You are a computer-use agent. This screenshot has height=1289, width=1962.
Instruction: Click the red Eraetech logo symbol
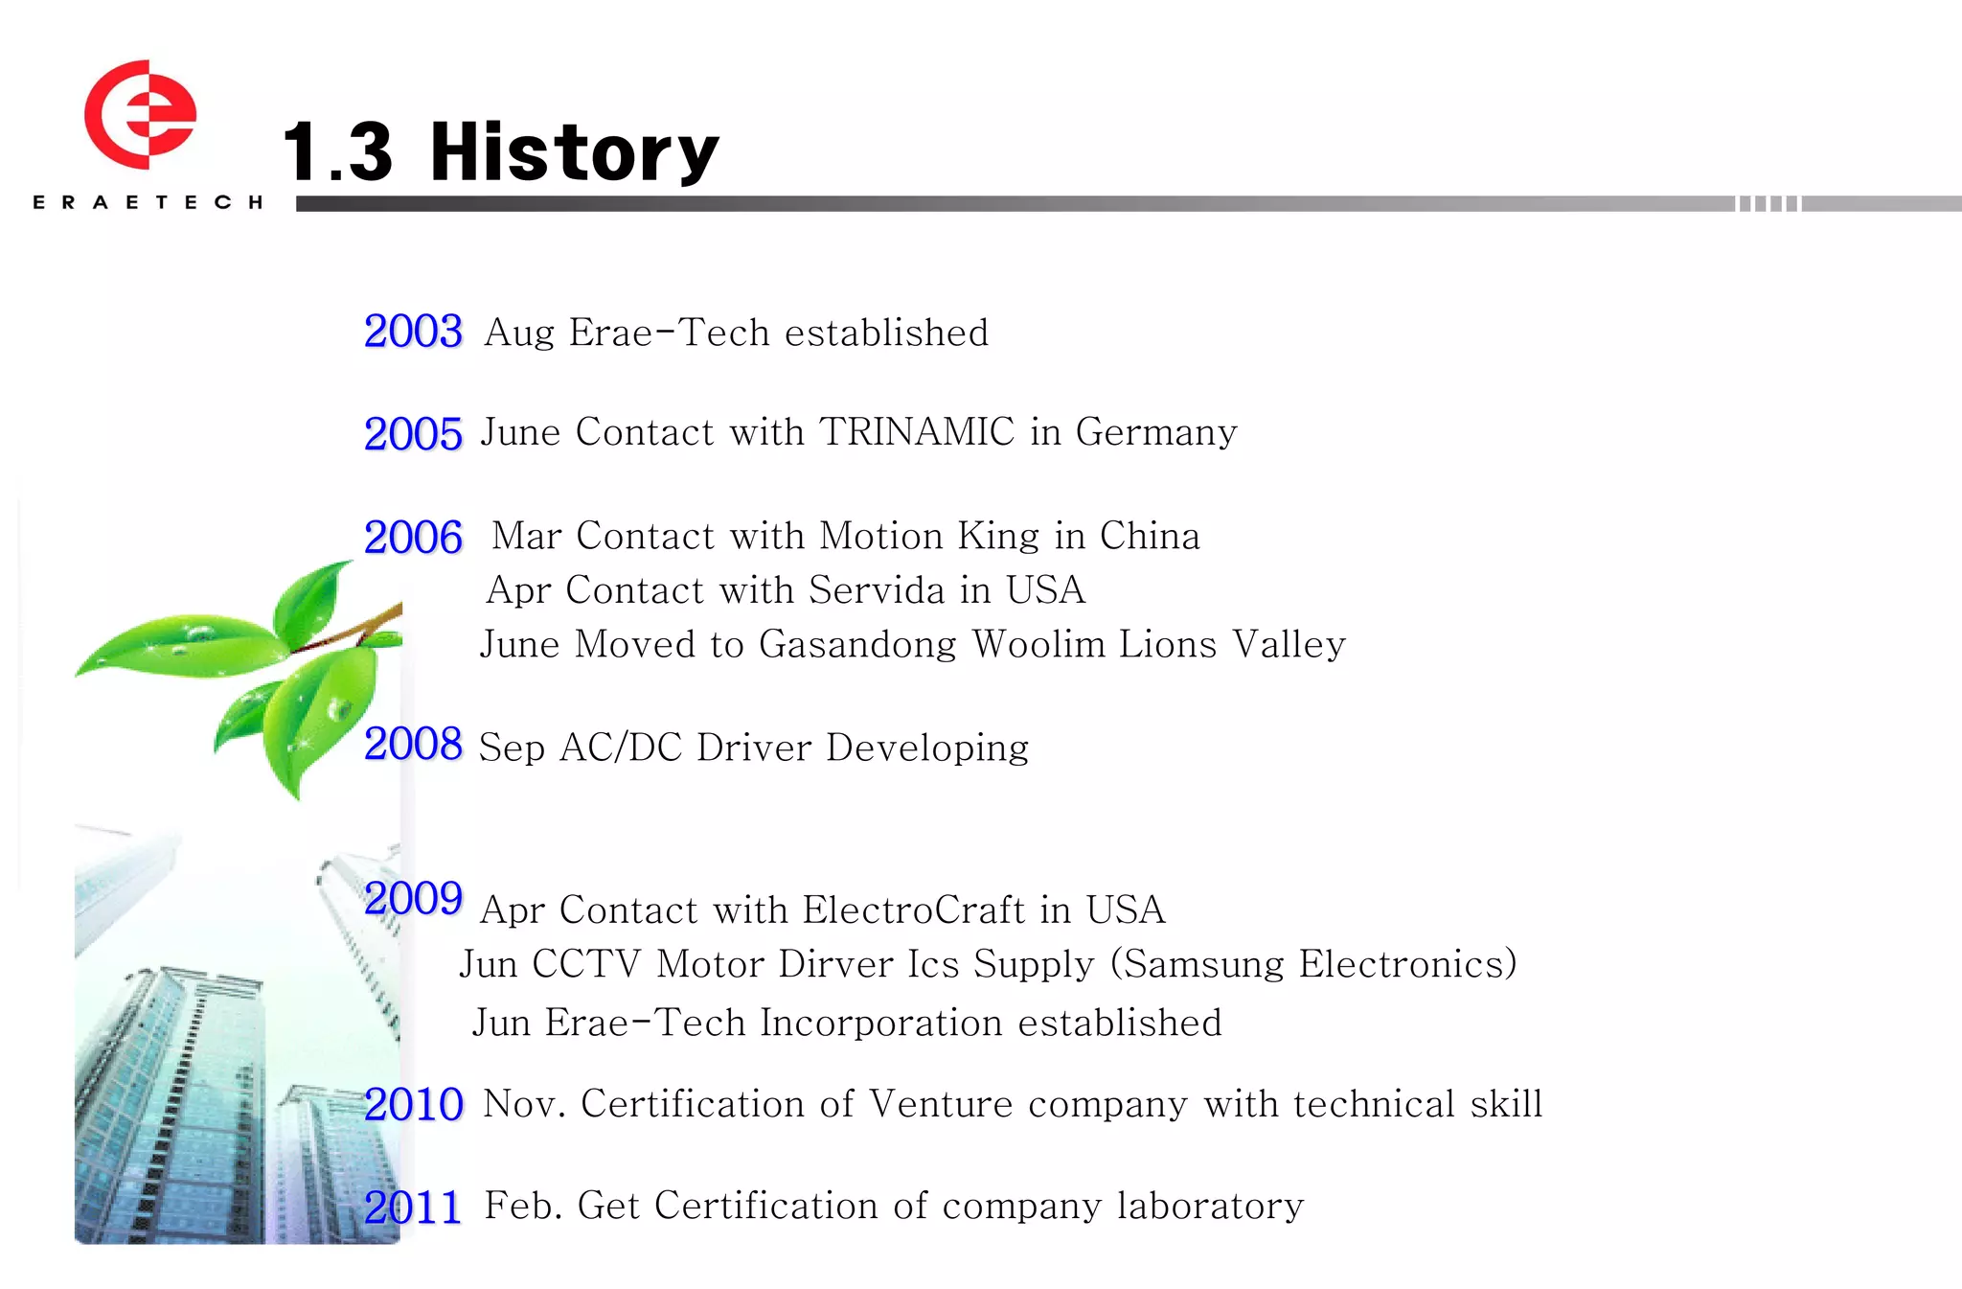pos(140,115)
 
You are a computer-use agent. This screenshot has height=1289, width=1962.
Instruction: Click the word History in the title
pos(574,153)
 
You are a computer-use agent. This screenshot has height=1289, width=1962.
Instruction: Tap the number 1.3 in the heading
pos(337,153)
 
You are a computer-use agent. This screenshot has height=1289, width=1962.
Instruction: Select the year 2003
pos(413,332)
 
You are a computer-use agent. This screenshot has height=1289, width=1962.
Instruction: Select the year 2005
pos(413,434)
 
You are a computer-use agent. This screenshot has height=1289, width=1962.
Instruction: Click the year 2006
pos(413,538)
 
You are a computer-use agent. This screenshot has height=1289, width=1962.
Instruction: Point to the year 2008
pos(413,744)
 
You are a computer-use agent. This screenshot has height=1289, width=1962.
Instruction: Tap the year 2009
pos(413,899)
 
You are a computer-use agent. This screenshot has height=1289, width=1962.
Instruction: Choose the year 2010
pos(413,1105)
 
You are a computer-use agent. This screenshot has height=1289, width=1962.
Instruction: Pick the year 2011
pos(412,1208)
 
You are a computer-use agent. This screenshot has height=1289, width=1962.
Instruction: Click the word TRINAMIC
pos(917,432)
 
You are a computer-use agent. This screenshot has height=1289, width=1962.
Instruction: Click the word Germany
pos(1156,433)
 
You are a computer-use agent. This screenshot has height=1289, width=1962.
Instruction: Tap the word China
pos(1150,536)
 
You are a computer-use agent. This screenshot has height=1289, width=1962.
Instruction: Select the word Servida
pos(877,590)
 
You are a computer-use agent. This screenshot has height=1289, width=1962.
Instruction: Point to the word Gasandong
pos(857,645)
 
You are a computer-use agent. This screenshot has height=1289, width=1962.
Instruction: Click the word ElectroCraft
pos(914,910)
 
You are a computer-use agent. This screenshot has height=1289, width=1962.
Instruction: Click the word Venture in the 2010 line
pos(941,1104)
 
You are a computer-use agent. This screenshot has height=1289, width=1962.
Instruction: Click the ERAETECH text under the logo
pos(148,202)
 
